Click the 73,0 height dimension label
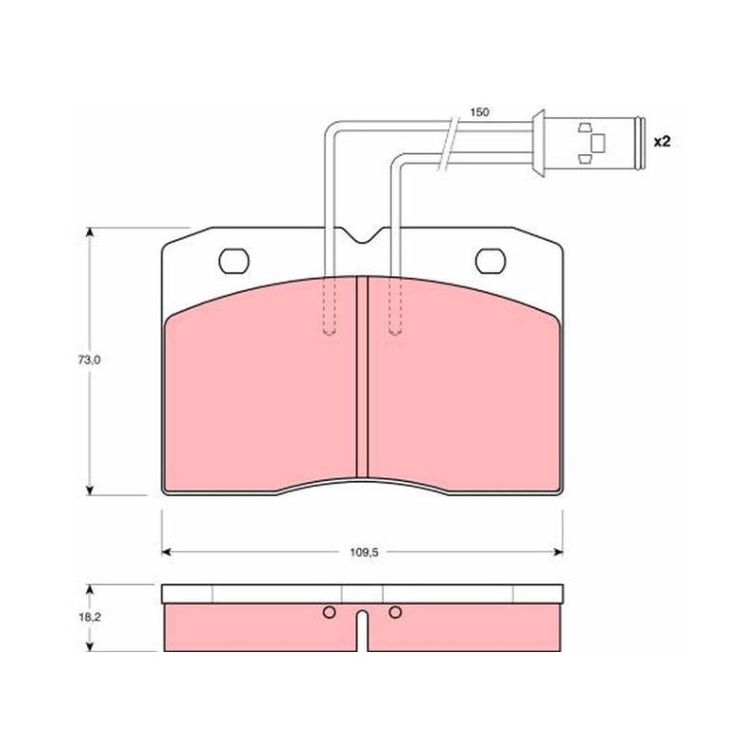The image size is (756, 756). click(89, 360)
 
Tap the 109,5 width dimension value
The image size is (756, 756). click(364, 553)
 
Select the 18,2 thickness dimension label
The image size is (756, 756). click(89, 617)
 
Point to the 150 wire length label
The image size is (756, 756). click(480, 112)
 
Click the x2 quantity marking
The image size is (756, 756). click(662, 142)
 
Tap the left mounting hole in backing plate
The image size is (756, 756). click(234, 261)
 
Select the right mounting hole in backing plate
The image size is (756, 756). click(490, 261)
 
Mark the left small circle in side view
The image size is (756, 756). click(329, 612)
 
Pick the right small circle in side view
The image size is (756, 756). click(395, 612)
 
